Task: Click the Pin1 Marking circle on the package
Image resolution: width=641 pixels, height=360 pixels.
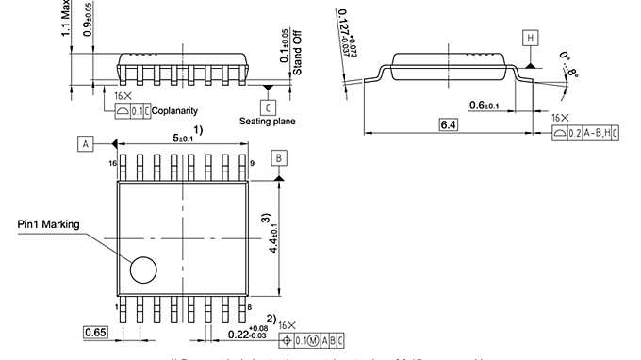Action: tap(143, 270)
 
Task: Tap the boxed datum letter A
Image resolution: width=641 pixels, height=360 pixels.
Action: tap(86, 143)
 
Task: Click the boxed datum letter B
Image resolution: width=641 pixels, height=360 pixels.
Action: tap(279, 156)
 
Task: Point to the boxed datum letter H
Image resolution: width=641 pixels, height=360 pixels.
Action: tap(531, 38)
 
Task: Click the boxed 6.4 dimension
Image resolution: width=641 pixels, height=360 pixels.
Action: tap(449, 124)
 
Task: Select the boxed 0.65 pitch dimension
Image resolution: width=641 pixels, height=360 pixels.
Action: tap(95, 332)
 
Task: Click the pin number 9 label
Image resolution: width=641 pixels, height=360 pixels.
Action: tap(252, 164)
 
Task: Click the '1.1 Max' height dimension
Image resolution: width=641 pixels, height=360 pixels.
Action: tap(66, 19)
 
